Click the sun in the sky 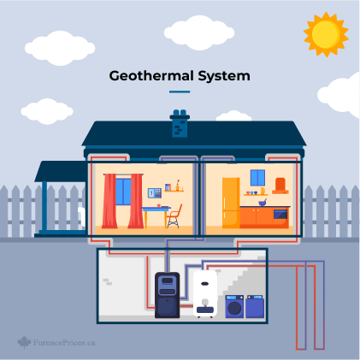coord(326,34)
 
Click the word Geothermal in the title coord(151,76)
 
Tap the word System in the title coord(224,76)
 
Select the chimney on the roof coord(180,123)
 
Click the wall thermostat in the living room coord(155,193)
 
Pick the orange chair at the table coord(174,216)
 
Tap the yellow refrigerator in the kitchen coord(231,203)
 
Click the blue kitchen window coord(257,178)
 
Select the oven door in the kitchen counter coord(280,214)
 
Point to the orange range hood coord(280,186)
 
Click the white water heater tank coord(205,293)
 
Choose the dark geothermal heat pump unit coord(168,295)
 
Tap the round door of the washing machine coord(234,308)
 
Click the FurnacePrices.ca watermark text coord(64,342)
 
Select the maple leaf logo coord(24,342)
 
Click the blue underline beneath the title coord(180,91)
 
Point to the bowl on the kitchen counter coord(263,203)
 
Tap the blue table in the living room coord(156,216)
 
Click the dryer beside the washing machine coord(255,306)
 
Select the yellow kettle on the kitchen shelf coord(263,191)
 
